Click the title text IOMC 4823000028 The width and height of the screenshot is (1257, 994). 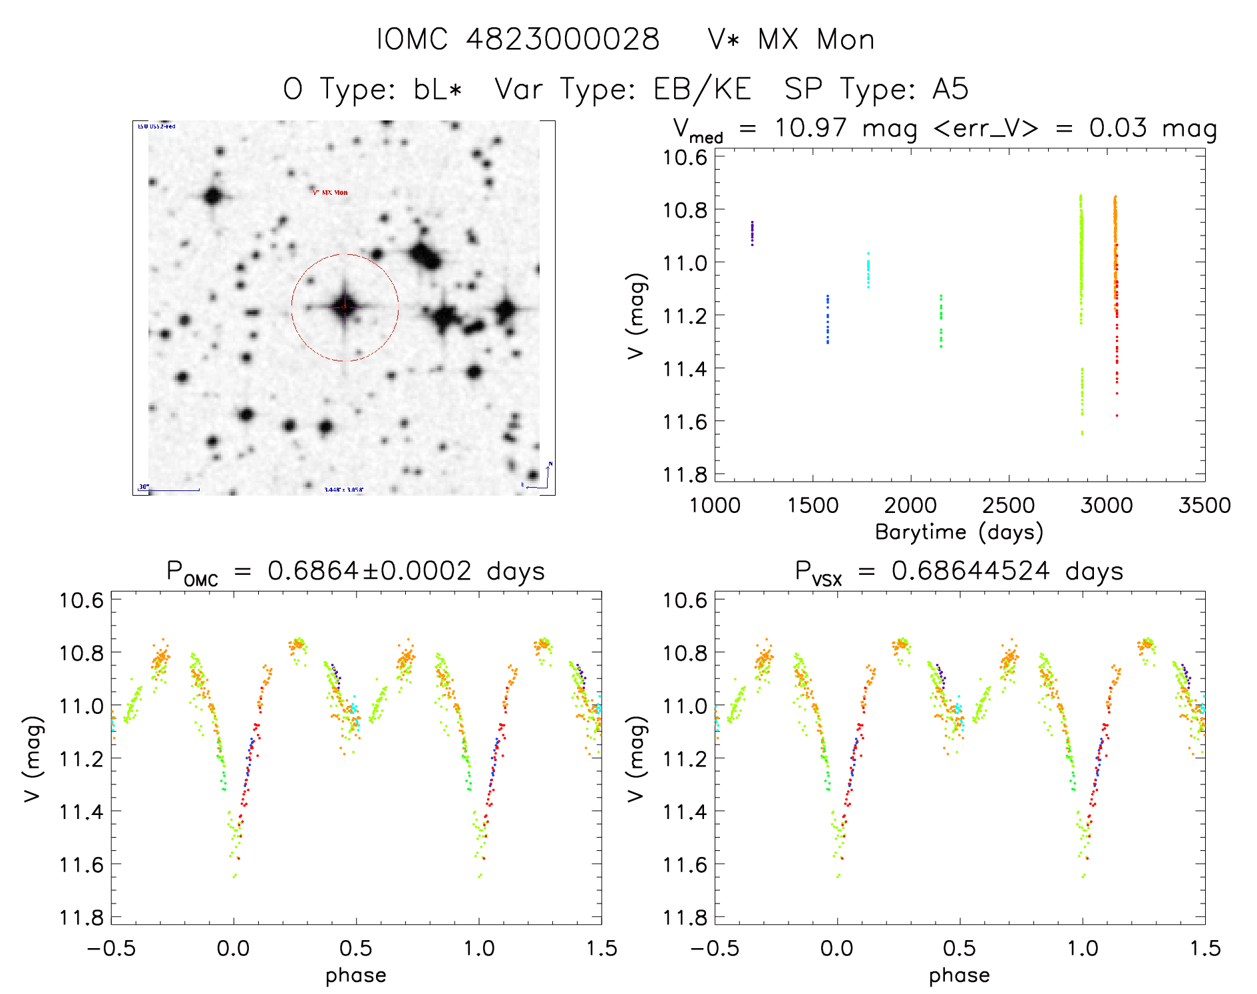518,39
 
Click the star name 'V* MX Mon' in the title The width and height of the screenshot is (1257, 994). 791,39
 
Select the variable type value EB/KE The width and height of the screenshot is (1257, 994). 702,89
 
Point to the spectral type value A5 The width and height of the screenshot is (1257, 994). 950,89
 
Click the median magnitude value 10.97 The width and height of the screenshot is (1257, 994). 810,128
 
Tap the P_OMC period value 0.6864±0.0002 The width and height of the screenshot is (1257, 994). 369,571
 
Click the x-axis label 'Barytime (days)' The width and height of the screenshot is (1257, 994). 959,532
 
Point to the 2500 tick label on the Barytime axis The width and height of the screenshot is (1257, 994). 1008,506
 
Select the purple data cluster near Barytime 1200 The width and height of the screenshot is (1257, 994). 752,234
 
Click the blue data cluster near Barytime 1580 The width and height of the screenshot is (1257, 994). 828,319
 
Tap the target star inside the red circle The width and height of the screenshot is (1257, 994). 345,307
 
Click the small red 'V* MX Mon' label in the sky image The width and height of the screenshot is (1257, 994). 330,193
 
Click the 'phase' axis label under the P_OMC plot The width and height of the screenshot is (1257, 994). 355,975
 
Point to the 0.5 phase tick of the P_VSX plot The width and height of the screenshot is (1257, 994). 960,949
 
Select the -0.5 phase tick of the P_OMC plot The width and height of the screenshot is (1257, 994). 111,949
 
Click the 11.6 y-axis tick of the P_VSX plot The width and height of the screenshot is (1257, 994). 685,864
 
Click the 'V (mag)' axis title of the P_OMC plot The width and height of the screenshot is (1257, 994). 33,758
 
